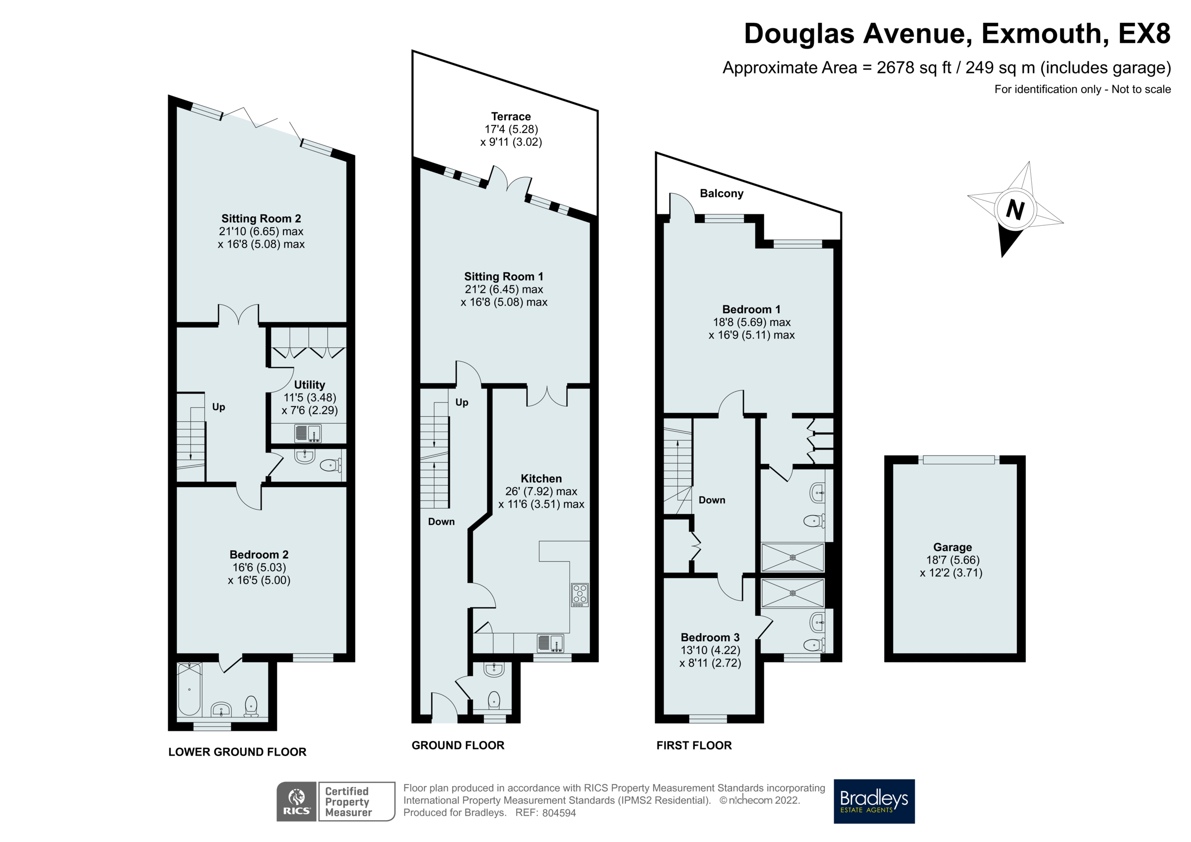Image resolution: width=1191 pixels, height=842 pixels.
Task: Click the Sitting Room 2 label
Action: tap(261, 218)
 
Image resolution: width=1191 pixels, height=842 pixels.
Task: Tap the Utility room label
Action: tap(309, 385)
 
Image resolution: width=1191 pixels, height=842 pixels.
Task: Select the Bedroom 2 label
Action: tap(259, 555)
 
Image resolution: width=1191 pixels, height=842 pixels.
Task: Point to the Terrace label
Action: tap(511, 116)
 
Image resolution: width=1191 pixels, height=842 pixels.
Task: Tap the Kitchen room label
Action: tap(541, 478)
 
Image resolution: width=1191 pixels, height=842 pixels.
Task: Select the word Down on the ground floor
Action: tap(441, 522)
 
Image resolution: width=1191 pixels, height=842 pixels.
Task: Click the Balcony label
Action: tap(721, 194)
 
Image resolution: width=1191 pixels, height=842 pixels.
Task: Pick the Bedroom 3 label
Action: tap(710, 637)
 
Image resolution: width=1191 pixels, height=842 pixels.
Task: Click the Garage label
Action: tap(952, 547)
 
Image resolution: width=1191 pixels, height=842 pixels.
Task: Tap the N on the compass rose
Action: tap(1015, 209)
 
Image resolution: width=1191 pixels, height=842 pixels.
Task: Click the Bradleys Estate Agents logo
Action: tap(873, 801)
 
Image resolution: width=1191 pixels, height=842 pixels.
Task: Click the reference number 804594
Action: tap(559, 813)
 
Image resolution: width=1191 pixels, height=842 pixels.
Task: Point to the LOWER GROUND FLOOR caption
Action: tap(237, 752)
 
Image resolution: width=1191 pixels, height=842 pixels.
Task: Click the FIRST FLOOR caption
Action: tap(694, 746)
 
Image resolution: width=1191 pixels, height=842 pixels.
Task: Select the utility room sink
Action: tap(308, 433)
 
